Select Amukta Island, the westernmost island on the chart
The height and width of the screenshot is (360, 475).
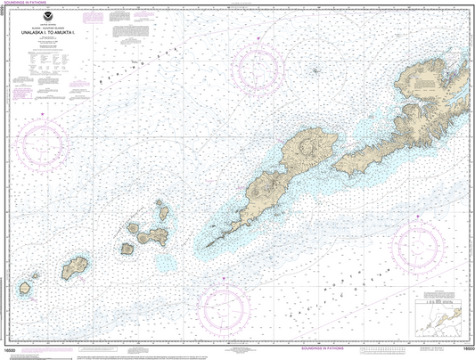pyautogui.click(x=26, y=288)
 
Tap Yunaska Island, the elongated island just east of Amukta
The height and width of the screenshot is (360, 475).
pyautogui.click(x=77, y=266)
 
